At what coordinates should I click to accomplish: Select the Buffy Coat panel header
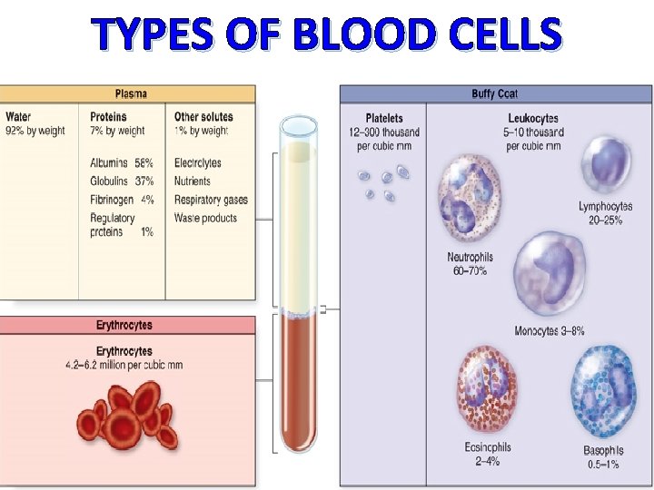[496, 93]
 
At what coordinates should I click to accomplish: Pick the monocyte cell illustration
[549, 274]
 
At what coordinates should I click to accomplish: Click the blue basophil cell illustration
[603, 393]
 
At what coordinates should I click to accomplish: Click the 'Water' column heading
[18, 117]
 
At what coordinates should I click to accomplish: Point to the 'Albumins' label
[109, 163]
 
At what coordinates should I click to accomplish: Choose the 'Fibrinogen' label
[112, 200]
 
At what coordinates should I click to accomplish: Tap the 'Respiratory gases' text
[211, 200]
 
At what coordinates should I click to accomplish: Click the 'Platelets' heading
[384, 119]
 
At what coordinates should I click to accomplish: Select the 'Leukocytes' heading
[533, 119]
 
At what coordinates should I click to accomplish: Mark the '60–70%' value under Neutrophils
[469, 270]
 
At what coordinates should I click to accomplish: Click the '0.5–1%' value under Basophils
[604, 465]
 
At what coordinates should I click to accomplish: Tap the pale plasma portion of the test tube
[298, 227]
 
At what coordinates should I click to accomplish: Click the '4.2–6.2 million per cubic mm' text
[124, 366]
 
